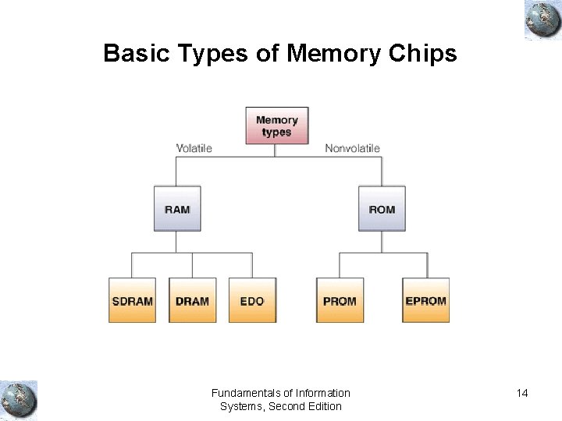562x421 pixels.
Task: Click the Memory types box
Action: (276, 126)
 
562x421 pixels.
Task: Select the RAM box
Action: (177, 209)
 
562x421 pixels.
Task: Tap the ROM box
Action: (382, 209)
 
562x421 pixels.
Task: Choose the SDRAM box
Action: (132, 300)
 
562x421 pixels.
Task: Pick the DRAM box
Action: (192, 300)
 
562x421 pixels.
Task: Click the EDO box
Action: (252, 300)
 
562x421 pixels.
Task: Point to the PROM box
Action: (340, 300)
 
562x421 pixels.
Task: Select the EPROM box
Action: (425, 300)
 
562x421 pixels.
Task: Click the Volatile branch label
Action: (194, 148)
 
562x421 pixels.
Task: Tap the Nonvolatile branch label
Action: (352, 148)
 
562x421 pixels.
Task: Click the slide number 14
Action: (522, 393)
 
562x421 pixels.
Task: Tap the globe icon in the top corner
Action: (542, 20)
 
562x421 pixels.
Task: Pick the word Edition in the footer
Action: (324, 406)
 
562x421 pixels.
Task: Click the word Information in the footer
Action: (322, 393)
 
